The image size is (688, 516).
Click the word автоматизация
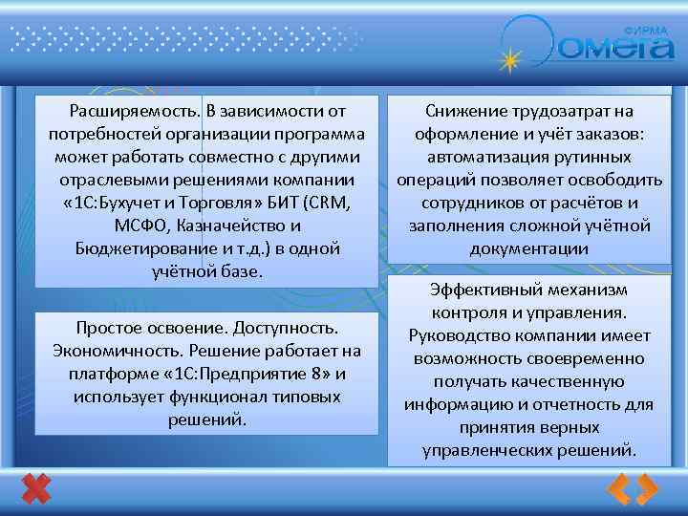point(477,157)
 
